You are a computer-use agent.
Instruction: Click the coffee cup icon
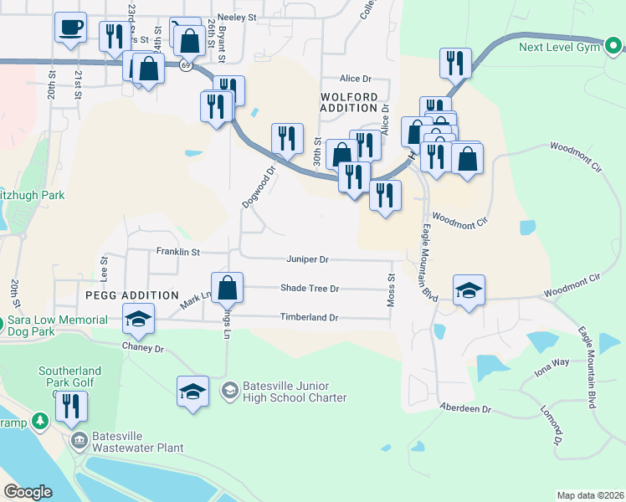[70, 27]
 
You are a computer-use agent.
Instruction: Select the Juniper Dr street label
[308, 260]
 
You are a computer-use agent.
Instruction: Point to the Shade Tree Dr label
[310, 289]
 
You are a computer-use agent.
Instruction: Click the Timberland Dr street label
[309, 318]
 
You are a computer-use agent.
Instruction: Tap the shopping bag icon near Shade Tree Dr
[227, 288]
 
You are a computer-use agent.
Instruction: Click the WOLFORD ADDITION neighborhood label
[349, 102]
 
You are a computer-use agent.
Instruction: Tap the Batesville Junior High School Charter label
[294, 392]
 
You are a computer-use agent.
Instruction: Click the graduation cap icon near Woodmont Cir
[469, 290]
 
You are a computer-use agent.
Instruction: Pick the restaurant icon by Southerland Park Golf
[71, 407]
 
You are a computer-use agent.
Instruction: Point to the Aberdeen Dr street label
[466, 407]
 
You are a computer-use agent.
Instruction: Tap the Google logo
[28, 492]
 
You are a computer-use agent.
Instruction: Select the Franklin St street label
[178, 251]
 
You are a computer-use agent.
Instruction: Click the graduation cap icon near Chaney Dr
[138, 319]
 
